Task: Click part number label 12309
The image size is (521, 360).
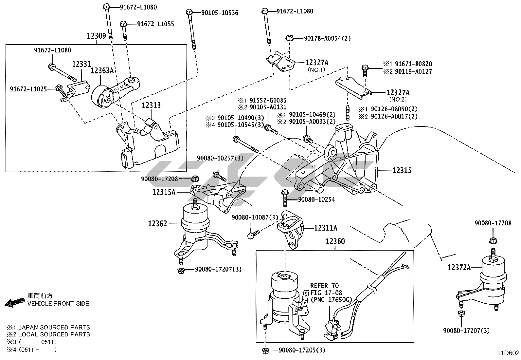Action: [x=97, y=36]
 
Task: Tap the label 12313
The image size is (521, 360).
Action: [x=151, y=105]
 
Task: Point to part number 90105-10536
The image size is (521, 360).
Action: [x=220, y=13]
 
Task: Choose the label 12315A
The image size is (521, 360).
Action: [x=164, y=192]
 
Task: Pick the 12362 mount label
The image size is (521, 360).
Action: [x=157, y=224]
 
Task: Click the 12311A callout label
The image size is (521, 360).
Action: [x=326, y=228]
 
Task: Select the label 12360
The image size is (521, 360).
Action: [x=335, y=241]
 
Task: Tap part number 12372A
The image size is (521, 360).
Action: [x=459, y=268]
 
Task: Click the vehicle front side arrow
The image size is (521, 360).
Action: [x=15, y=302]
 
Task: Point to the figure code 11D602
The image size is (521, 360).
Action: [x=508, y=353]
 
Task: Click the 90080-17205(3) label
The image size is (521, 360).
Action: [x=302, y=350]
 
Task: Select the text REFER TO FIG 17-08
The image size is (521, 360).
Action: [x=324, y=289]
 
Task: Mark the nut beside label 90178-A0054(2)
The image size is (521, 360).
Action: [x=289, y=38]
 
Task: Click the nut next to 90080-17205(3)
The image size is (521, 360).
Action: [x=265, y=351]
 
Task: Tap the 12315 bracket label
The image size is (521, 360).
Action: [x=402, y=170]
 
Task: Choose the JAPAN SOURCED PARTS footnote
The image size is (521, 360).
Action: [x=48, y=327]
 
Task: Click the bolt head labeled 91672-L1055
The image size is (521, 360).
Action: [x=123, y=24]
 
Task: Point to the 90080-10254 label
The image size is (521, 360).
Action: [x=316, y=199]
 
